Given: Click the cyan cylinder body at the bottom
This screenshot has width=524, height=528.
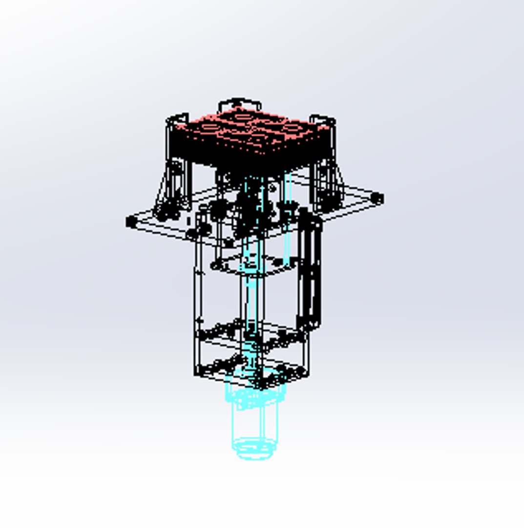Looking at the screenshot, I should [x=254, y=423].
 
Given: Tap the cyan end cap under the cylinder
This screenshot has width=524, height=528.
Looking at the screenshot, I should [x=253, y=450].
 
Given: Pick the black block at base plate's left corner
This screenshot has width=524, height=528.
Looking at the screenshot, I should [x=131, y=222].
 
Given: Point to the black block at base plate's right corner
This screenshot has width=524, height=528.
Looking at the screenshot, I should [x=377, y=198].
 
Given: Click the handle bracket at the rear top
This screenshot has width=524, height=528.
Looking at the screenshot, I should [x=239, y=104].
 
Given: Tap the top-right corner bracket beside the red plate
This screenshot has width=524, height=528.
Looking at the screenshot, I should [x=323, y=120].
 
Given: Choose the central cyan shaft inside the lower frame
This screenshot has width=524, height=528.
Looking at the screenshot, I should [x=252, y=303].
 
